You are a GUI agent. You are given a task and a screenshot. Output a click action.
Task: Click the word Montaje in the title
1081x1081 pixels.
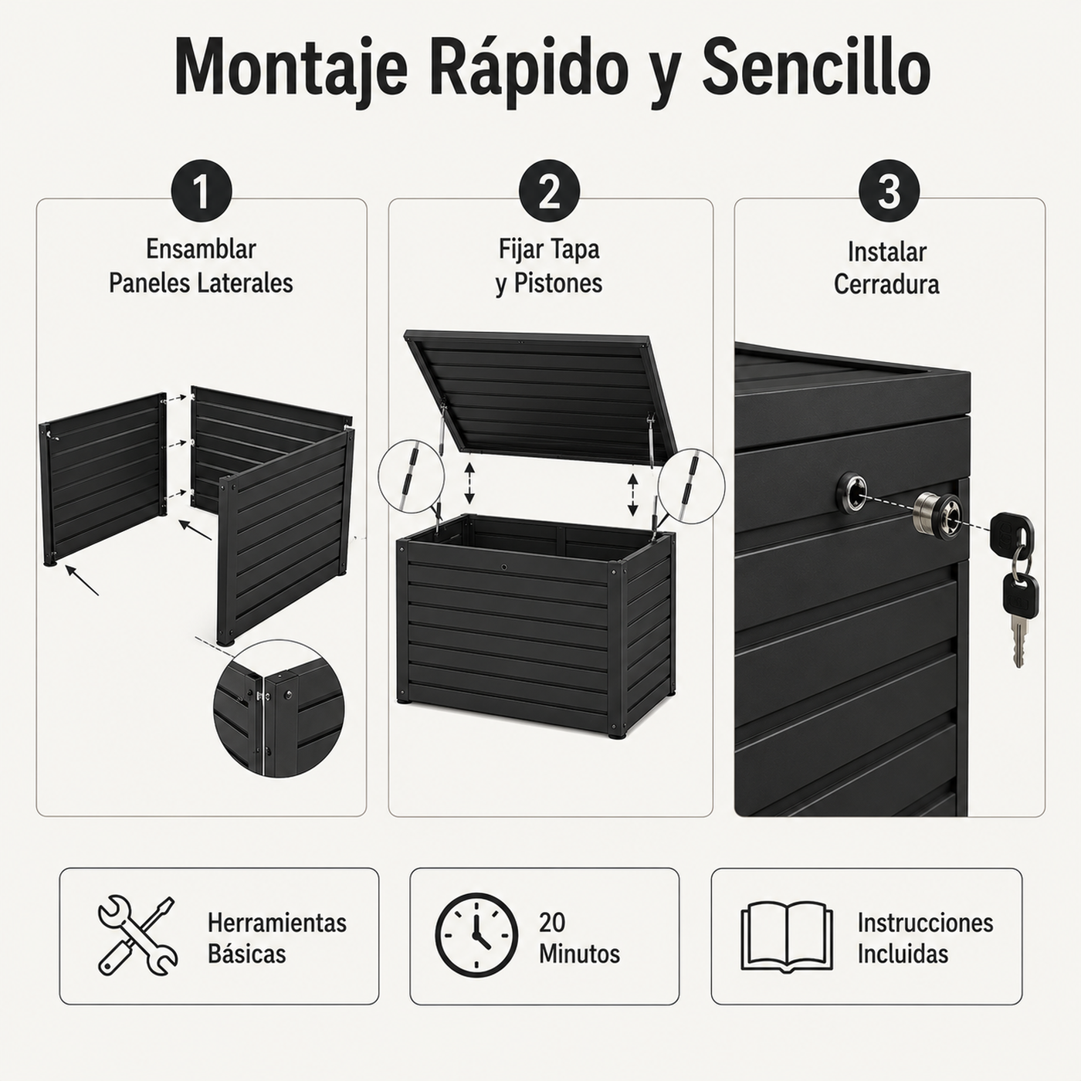tap(290, 69)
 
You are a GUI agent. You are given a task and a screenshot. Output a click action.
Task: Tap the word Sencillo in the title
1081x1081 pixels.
tap(816, 68)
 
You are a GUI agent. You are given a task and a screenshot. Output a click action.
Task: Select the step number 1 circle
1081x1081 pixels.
tap(202, 191)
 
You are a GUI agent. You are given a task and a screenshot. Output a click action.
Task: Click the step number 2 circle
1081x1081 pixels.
tap(549, 191)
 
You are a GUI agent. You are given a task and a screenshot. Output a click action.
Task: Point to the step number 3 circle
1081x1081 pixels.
tap(890, 191)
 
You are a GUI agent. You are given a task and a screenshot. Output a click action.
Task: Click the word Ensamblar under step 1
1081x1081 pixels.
tap(201, 249)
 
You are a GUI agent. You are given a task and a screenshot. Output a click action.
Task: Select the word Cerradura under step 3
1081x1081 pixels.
tap(886, 284)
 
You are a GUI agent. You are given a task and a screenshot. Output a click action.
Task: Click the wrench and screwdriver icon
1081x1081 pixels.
tap(138, 935)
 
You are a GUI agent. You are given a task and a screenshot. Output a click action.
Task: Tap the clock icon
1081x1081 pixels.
tap(476, 935)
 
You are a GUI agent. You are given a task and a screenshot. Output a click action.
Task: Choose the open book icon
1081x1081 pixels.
tap(787, 937)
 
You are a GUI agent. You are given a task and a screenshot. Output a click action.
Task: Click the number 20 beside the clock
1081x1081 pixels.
tap(552, 922)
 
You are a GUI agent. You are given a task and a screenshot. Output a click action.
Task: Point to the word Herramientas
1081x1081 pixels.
tap(277, 923)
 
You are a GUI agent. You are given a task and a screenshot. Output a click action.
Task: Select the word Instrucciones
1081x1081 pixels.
tap(925, 923)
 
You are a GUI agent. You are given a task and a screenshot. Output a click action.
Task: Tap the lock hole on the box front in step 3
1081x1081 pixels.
tap(852, 491)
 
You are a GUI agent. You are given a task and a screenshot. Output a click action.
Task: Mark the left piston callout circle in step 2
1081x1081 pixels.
tap(412, 476)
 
